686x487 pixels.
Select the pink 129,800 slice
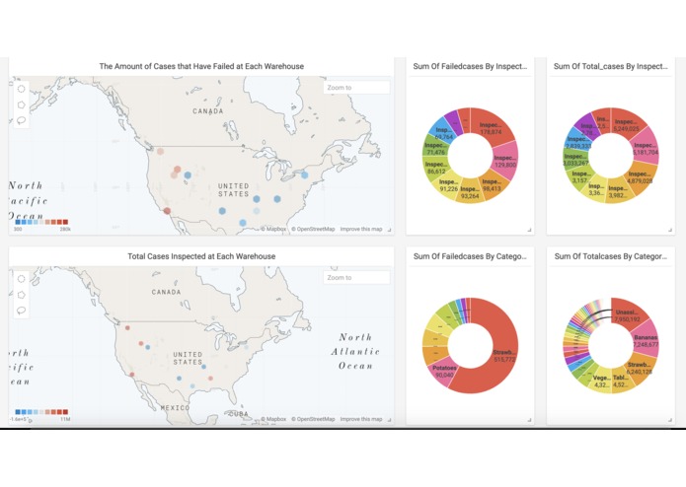tap(503, 159)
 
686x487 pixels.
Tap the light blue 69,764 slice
tap(445, 136)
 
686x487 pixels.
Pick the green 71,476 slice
tap(436, 152)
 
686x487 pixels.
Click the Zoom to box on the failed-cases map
tap(356, 88)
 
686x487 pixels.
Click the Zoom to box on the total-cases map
tap(356, 278)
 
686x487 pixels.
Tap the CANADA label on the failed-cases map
tap(208, 111)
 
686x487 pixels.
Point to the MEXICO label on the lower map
tap(175, 406)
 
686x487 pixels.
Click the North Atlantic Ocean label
tap(355, 351)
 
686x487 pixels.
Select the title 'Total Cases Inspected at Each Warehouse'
tap(201, 256)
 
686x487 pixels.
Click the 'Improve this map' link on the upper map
tap(361, 229)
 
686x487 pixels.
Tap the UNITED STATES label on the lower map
tap(188, 357)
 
